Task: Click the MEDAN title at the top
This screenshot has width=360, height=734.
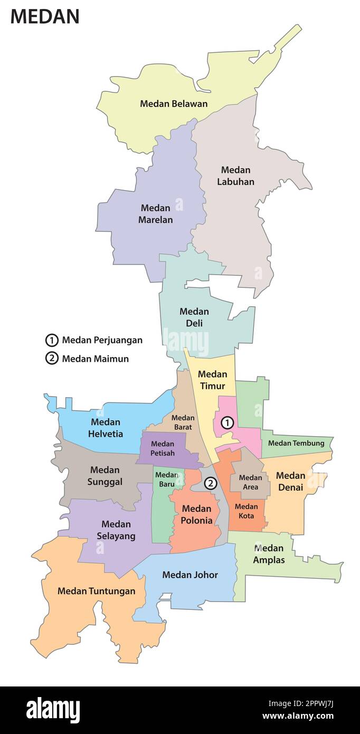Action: (x=45, y=16)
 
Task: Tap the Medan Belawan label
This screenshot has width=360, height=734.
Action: (x=174, y=103)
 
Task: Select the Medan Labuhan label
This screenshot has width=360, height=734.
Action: (x=235, y=176)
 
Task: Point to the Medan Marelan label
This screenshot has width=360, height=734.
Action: (x=155, y=213)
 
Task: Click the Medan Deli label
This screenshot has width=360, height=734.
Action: (x=194, y=317)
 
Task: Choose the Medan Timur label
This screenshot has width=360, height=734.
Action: (x=212, y=380)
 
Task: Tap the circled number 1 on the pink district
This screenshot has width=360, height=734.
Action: (x=227, y=422)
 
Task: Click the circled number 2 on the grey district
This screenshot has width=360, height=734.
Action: (x=210, y=483)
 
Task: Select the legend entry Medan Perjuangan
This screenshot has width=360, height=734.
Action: (x=102, y=340)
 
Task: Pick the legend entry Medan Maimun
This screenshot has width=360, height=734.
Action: (x=95, y=359)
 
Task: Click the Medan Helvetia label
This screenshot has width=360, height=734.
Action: (x=106, y=428)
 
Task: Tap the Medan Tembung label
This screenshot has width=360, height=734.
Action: (x=296, y=443)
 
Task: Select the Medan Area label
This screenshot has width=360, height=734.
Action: (x=250, y=482)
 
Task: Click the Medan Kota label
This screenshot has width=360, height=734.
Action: (x=246, y=511)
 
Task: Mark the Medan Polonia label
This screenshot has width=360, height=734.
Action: (x=196, y=514)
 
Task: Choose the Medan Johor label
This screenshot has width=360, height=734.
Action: (x=190, y=575)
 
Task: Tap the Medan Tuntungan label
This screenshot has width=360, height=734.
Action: (x=96, y=591)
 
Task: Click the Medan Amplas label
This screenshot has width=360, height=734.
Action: (x=269, y=554)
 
